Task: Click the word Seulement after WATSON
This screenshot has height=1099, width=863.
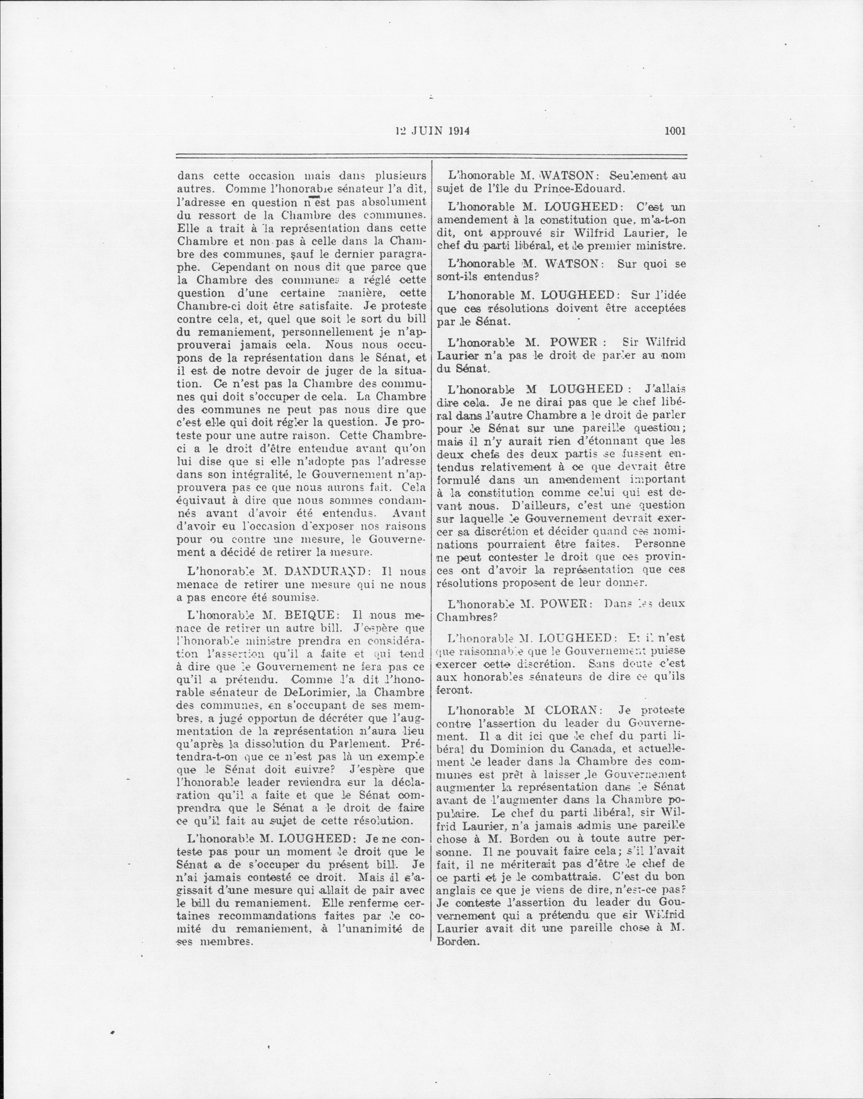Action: (x=637, y=176)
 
